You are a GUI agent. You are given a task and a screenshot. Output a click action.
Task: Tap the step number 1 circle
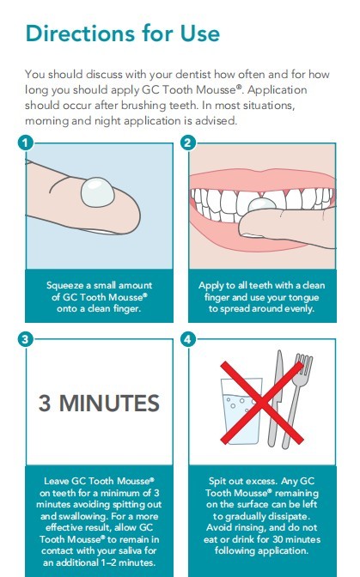(25, 143)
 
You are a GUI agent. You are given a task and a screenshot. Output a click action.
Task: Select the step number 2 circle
(187, 143)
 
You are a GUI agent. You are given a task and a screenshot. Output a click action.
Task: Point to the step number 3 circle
(25, 338)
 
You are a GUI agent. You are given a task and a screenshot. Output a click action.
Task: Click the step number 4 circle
(187, 338)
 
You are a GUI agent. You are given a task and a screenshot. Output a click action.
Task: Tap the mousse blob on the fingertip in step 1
(98, 192)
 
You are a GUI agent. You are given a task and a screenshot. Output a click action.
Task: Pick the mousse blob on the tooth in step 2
(262, 204)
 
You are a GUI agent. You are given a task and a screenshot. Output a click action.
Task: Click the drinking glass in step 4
(241, 410)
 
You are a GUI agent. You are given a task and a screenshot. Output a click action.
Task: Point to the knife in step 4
(275, 398)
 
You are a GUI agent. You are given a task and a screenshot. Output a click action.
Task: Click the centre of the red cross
(262, 403)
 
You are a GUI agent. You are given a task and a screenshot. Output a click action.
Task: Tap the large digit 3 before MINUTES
(45, 403)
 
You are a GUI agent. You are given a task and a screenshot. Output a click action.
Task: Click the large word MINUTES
(109, 403)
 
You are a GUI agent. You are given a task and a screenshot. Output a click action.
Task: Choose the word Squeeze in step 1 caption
(64, 286)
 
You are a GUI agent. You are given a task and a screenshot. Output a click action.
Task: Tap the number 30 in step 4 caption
(272, 539)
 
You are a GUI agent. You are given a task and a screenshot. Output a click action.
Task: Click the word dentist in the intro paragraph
(193, 75)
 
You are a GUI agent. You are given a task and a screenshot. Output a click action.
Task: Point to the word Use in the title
(200, 33)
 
